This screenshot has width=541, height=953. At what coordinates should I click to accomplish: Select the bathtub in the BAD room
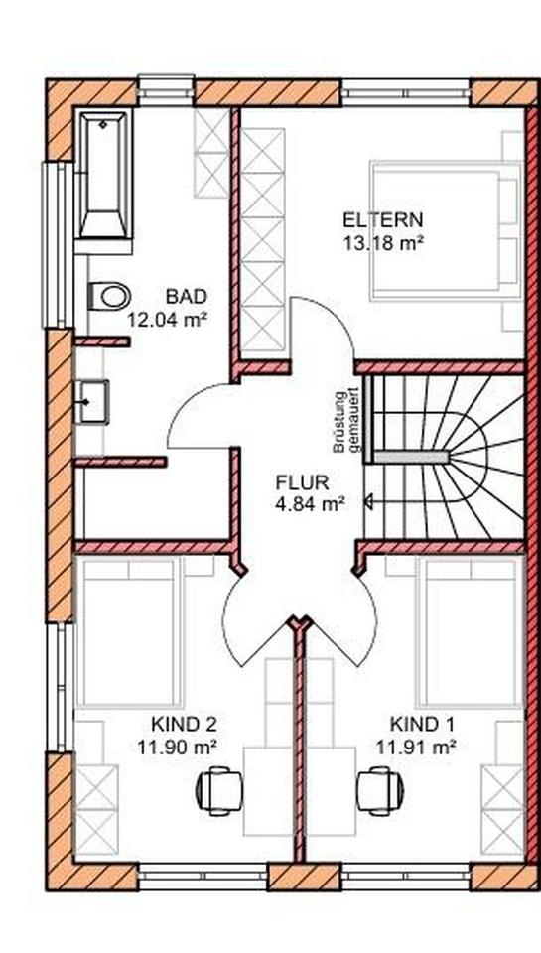102,176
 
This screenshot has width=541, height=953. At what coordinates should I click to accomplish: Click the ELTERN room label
383,219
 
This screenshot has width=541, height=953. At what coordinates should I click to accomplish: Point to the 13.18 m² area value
383,241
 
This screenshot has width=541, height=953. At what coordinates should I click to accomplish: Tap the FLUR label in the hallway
302,483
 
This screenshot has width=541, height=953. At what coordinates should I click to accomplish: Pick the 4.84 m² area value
309,504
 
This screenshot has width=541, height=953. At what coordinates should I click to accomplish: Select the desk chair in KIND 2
217,790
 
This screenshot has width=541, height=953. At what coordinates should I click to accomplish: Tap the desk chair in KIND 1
380,790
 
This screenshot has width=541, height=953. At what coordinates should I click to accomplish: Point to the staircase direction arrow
371,503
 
